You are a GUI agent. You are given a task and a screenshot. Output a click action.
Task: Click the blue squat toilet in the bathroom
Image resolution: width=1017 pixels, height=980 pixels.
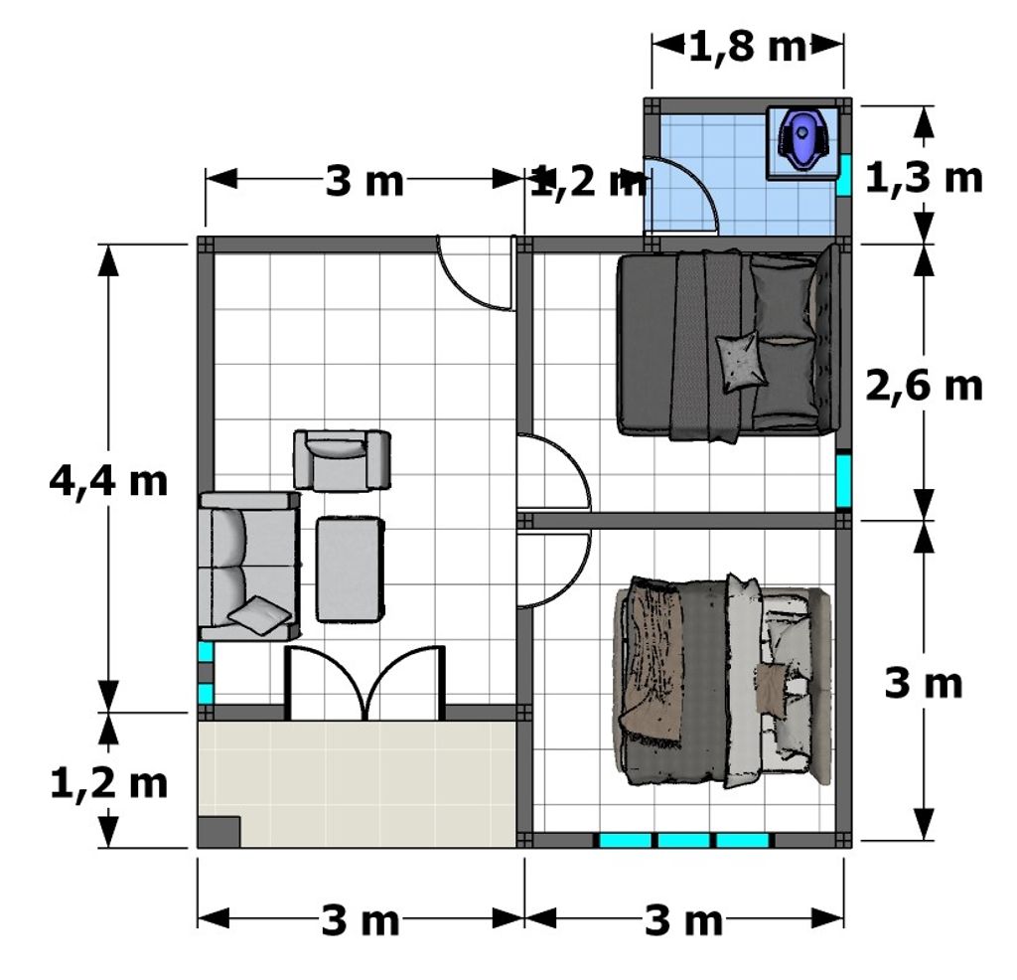(x=802, y=139)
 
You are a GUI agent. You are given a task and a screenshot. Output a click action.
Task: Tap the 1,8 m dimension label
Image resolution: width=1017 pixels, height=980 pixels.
(x=747, y=47)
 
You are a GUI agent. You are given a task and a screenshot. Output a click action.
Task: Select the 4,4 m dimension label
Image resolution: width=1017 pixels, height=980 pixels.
(x=108, y=482)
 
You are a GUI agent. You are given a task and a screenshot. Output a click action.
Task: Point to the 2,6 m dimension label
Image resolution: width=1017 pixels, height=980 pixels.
(x=925, y=387)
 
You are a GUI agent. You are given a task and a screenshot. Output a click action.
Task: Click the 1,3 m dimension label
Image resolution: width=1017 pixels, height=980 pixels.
(x=925, y=178)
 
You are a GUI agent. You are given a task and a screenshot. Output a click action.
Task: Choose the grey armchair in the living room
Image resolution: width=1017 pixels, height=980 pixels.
(x=342, y=459)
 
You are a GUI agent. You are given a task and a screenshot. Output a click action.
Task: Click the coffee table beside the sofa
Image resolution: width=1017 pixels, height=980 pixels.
(x=350, y=570)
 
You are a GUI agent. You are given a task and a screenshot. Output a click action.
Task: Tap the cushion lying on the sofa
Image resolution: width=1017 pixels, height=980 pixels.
(x=259, y=614)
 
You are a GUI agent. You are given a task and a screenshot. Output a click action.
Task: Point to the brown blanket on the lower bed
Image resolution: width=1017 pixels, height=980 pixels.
(x=651, y=662)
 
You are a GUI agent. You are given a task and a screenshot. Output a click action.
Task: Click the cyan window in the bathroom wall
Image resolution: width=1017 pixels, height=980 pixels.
(x=843, y=175)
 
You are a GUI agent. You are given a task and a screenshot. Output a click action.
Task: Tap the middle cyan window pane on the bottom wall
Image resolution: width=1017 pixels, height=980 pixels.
(x=683, y=841)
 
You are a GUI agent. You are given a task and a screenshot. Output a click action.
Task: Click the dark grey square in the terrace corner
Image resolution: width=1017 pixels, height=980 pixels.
(x=218, y=831)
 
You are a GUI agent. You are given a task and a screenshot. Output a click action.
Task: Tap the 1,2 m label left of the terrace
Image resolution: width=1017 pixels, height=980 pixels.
(x=108, y=784)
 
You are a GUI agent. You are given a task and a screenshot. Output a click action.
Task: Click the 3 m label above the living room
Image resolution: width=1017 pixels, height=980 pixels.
(x=363, y=181)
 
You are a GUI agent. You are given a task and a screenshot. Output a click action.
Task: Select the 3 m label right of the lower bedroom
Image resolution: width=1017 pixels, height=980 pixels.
(x=924, y=684)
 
